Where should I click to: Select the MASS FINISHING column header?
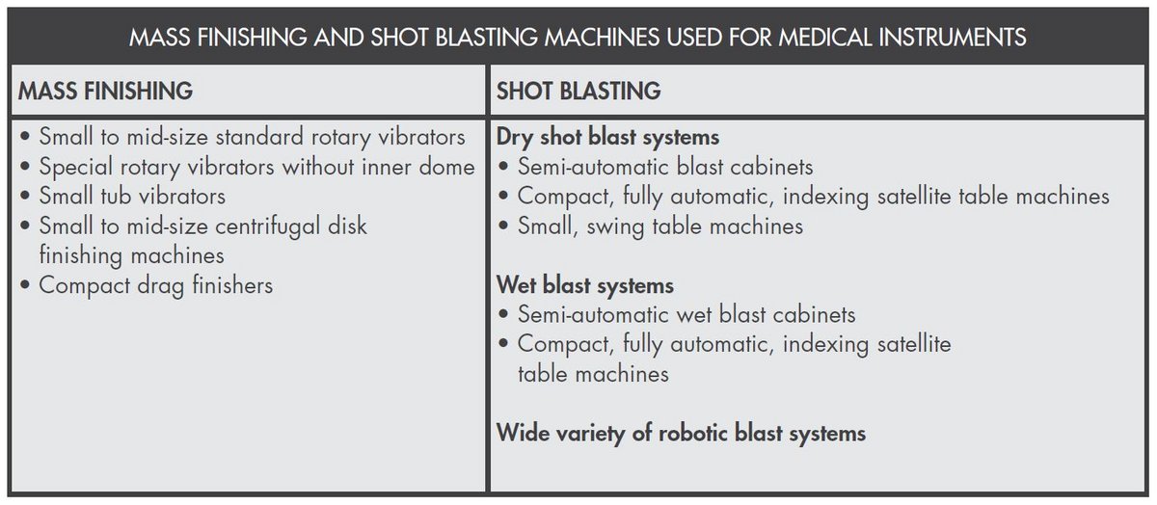pos(105,92)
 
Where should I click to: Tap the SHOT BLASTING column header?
pos(578,92)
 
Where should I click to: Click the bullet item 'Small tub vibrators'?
pos(132,197)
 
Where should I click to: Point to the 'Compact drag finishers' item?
pos(155,285)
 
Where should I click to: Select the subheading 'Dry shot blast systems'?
pos(607,137)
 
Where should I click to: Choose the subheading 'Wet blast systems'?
pos(584,285)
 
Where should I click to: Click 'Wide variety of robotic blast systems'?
pos(681,433)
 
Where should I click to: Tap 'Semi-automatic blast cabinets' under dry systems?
pos(665,167)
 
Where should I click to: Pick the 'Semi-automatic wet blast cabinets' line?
pos(686,314)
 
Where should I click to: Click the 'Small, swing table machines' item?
pos(659,226)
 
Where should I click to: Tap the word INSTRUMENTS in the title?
pos(948,38)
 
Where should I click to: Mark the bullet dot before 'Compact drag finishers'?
pos(24,286)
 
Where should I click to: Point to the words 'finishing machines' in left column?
pos(131,255)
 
